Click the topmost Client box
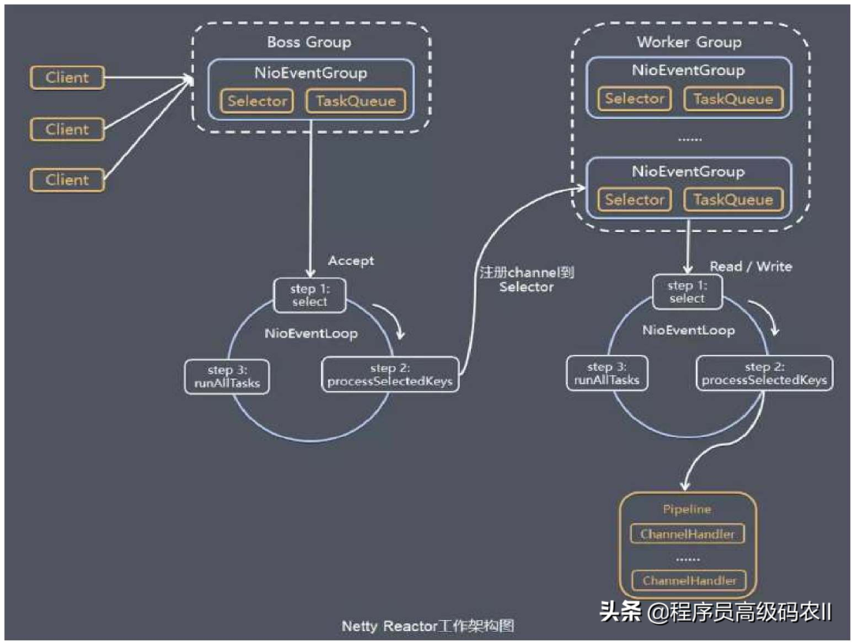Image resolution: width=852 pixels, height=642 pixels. click(x=67, y=77)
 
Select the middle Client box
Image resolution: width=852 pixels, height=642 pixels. click(x=67, y=129)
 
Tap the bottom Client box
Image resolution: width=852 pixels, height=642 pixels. click(x=67, y=180)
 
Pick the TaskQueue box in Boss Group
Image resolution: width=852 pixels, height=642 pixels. click(x=356, y=101)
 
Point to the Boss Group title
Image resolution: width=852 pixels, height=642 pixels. click(x=309, y=42)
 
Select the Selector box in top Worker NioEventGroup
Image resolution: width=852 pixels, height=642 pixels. click(x=634, y=99)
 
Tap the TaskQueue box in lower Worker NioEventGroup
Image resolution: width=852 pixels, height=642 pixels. click(x=734, y=200)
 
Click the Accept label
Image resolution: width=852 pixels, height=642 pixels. click(x=351, y=260)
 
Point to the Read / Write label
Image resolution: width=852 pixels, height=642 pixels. click(x=751, y=267)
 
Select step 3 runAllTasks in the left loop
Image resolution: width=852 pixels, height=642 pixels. click(x=227, y=375)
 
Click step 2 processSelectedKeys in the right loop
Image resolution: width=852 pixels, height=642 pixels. click(x=764, y=374)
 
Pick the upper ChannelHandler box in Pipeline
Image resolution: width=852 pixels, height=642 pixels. click(x=687, y=534)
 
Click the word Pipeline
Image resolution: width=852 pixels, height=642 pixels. click(x=687, y=509)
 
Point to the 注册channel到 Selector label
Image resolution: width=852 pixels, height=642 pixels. click(x=527, y=280)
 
